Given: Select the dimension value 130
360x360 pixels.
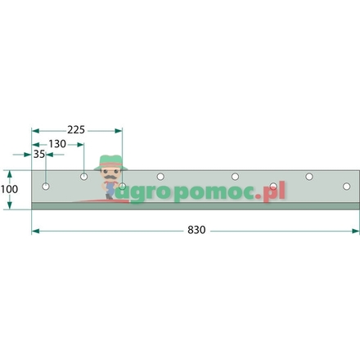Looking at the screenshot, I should [x=57, y=143].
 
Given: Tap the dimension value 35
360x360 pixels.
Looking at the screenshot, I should [x=38, y=154].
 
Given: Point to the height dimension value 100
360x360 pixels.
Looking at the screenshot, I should [x=9, y=189].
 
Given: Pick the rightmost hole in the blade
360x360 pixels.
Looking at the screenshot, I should [x=310, y=176].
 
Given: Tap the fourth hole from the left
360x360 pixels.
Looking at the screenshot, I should [x=161, y=176].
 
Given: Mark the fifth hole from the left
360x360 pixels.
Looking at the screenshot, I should [x=235, y=176].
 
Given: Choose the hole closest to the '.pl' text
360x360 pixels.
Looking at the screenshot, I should [x=273, y=187].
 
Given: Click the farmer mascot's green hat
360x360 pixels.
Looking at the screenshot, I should [x=109, y=160].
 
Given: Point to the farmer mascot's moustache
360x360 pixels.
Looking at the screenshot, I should [x=109, y=173].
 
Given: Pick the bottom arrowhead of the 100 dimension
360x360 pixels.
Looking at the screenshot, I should [x=9, y=206].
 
